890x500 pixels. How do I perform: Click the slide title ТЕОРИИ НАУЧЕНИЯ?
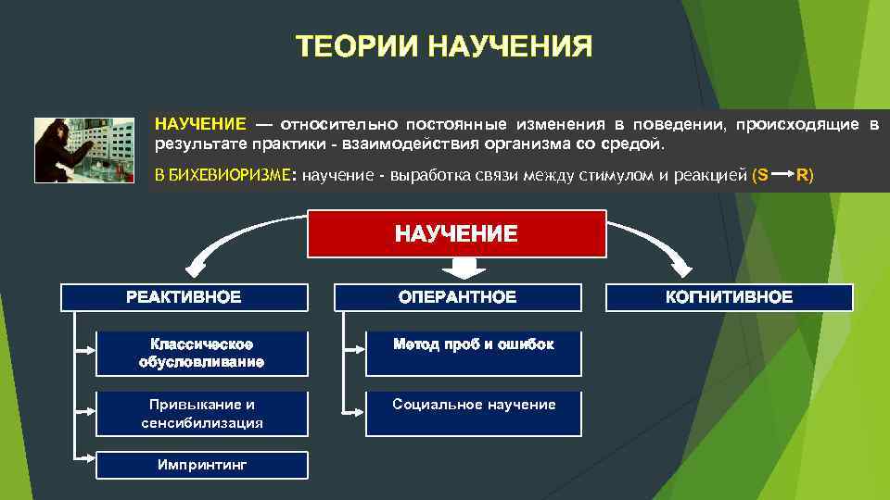pyautogui.click(x=444, y=46)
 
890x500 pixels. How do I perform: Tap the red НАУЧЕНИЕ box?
pyautogui.click(x=456, y=233)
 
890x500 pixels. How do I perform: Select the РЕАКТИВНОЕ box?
pyautogui.click(x=184, y=297)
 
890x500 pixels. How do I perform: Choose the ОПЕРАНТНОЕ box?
pyautogui.click(x=457, y=297)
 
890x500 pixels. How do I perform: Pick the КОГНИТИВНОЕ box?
pyautogui.click(x=729, y=297)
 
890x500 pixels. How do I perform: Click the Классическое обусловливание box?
pyautogui.click(x=201, y=353)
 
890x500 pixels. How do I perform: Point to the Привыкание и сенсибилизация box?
pyautogui.click(x=201, y=413)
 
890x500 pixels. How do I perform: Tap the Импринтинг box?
pyautogui.click(x=201, y=465)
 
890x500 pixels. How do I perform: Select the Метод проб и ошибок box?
pyautogui.click(x=473, y=353)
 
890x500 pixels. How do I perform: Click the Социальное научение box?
pyautogui.click(x=473, y=413)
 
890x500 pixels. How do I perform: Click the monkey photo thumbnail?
pyautogui.click(x=84, y=150)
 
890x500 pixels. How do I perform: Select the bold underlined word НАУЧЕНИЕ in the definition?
pyautogui.click(x=200, y=124)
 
